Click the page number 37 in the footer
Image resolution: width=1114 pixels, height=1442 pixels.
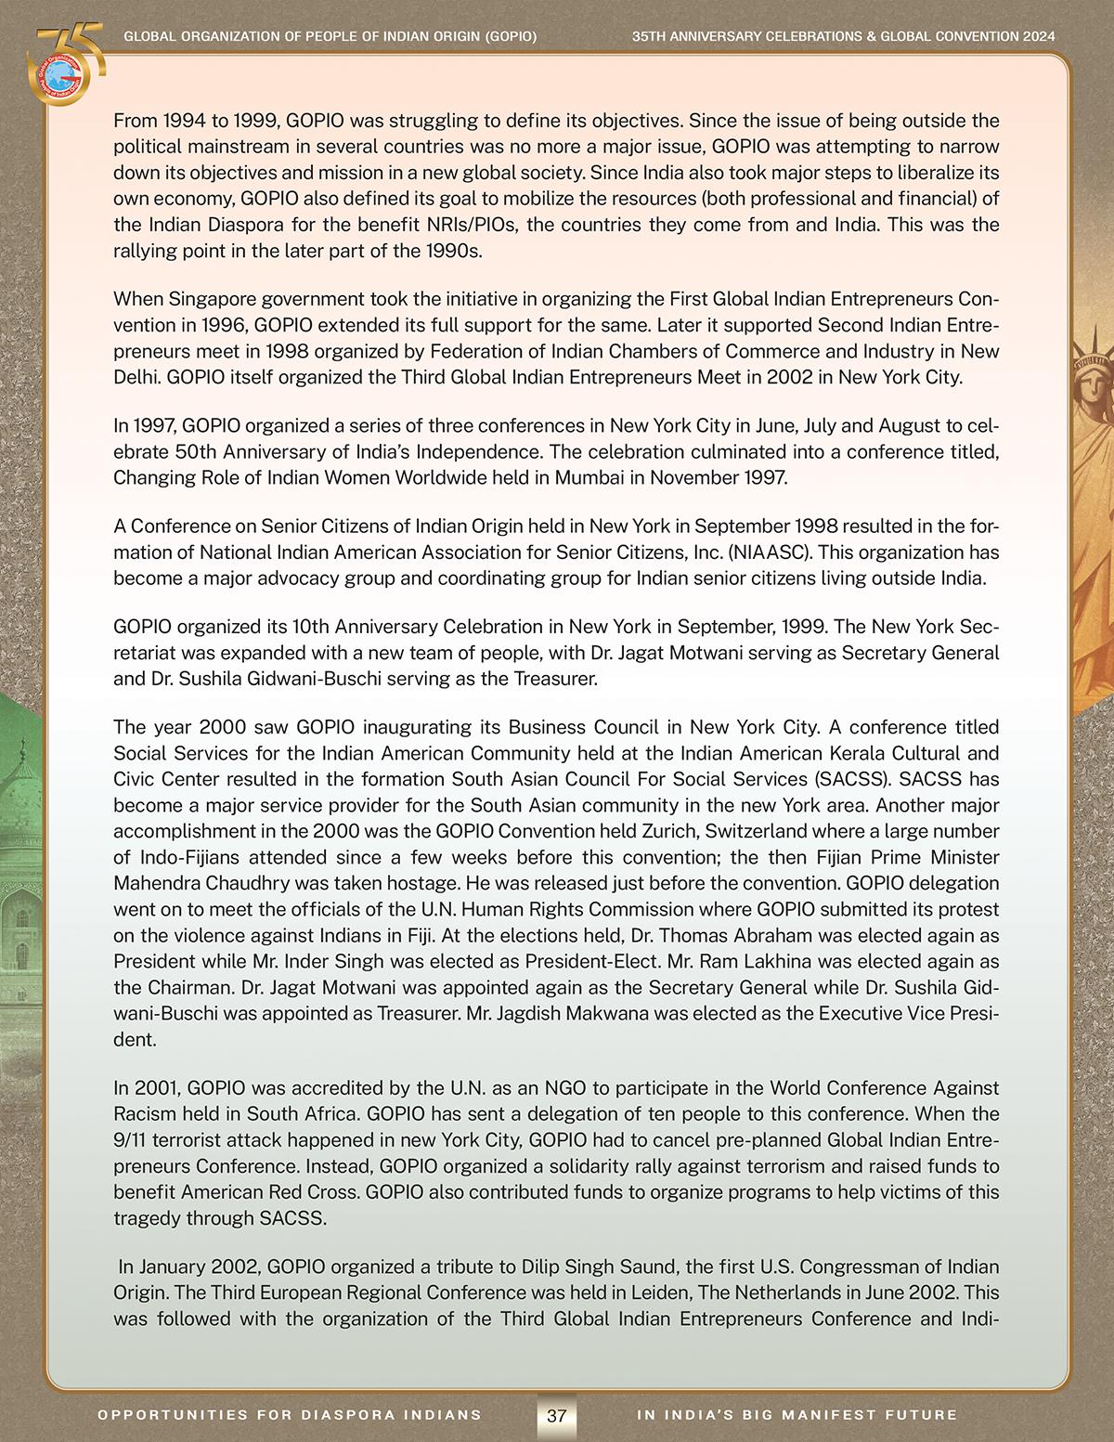(x=557, y=1416)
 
